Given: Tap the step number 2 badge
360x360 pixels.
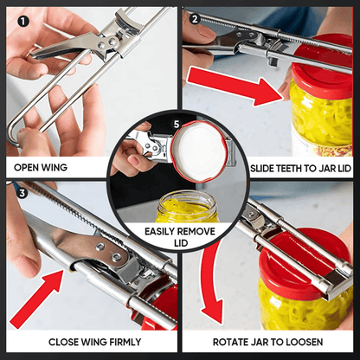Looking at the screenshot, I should coord(195,18).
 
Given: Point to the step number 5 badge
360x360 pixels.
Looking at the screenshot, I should coord(177,124).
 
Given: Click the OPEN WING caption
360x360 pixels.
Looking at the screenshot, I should coord(41,167).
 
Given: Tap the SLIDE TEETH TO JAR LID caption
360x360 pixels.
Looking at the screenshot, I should coord(299,167).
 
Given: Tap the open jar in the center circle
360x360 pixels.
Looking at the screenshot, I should coord(183,208).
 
